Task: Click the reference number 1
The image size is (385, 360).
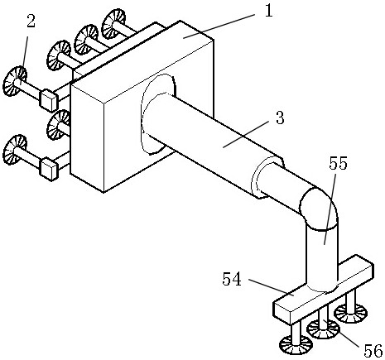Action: tap(268, 11)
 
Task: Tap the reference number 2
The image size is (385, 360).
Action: tap(31, 21)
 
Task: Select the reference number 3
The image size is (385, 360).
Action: tap(280, 118)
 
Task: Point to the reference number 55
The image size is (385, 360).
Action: tap(338, 164)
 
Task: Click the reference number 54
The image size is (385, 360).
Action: tap(232, 279)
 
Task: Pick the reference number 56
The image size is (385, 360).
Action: tap(373, 351)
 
